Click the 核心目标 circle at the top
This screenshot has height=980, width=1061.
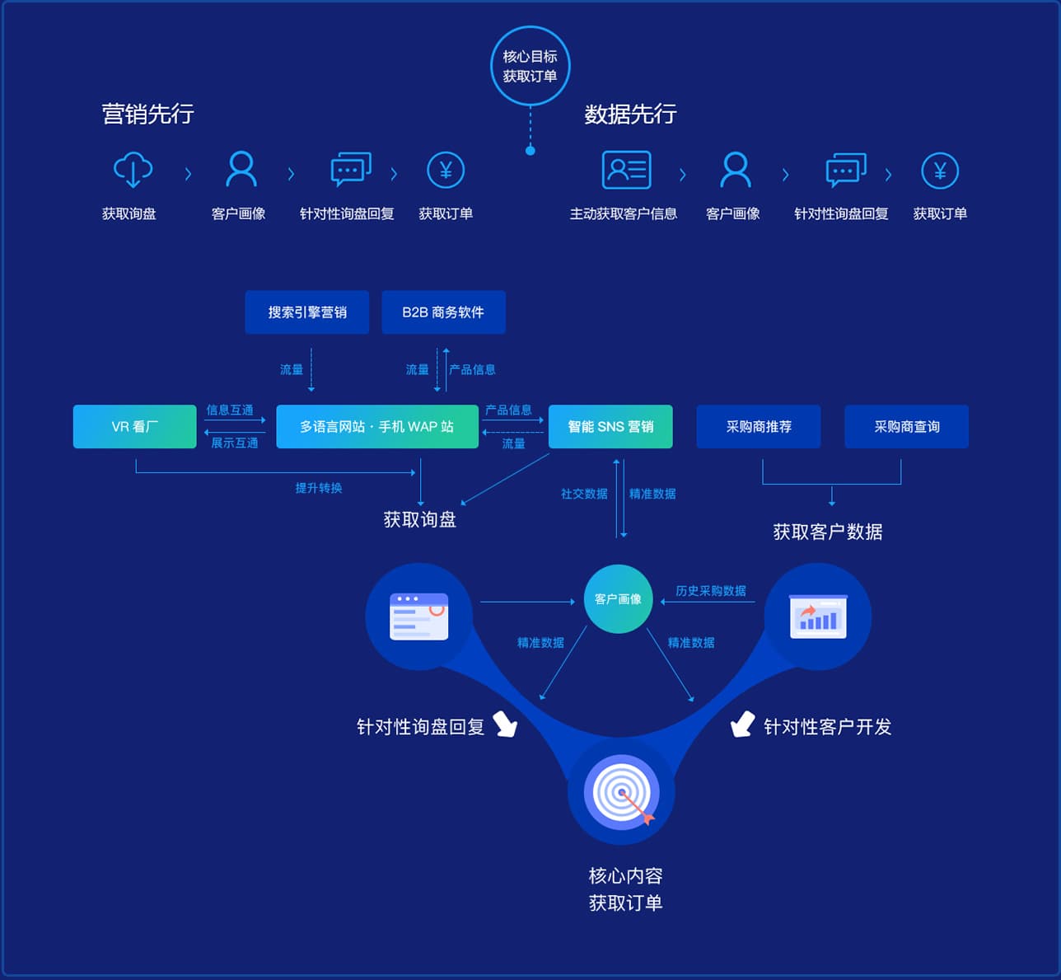tap(530, 66)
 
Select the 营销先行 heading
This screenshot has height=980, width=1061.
tap(147, 114)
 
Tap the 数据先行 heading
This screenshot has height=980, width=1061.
tap(630, 114)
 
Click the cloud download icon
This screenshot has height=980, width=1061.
tap(133, 170)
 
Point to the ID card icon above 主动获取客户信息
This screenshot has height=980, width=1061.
tap(627, 170)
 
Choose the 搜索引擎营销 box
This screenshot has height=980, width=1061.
tap(307, 312)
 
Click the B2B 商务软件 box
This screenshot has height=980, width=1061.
tap(443, 312)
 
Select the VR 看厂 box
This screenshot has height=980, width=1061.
tap(135, 426)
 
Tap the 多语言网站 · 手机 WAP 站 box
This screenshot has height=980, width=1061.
tap(377, 426)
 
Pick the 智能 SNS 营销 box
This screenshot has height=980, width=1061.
tap(610, 426)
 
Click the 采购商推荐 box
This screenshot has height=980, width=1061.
tap(759, 426)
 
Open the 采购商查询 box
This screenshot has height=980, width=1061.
tap(907, 426)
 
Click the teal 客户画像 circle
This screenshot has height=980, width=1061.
tap(618, 599)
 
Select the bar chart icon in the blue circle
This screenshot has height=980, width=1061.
tap(818, 617)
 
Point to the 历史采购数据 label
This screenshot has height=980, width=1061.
tap(711, 591)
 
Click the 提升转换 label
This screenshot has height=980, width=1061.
tap(319, 488)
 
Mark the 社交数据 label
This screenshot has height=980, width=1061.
tap(584, 494)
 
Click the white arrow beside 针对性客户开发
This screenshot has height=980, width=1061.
tap(742, 724)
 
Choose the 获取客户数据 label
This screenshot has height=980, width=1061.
tap(827, 532)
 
